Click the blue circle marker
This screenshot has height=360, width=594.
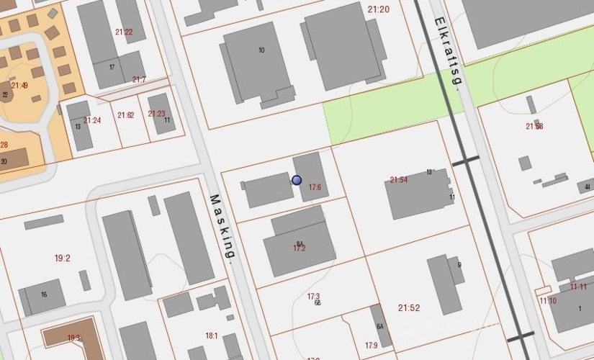tap(297, 181)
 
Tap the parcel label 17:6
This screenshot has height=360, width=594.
tap(315, 188)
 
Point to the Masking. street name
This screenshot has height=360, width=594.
tap(222, 227)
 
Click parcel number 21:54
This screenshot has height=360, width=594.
tap(399, 180)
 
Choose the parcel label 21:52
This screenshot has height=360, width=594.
tap(409, 308)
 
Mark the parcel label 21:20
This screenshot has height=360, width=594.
tap(378, 9)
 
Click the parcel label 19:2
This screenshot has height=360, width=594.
tap(63, 258)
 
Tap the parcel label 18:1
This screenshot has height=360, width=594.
tap(212, 336)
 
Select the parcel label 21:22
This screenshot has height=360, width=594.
tap(124, 32)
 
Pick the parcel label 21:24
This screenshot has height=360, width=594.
tap(92, 120)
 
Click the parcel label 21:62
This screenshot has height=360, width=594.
tap(125, 115)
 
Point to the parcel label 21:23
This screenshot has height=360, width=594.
tap(156, 114)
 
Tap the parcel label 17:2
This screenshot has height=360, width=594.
tap(300, 248)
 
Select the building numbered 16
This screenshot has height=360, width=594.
tap(44, 294)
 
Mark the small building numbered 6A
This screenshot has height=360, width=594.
tap(379, 325)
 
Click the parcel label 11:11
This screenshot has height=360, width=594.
tap(578, 287)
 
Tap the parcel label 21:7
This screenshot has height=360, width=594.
tap(139, 80)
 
